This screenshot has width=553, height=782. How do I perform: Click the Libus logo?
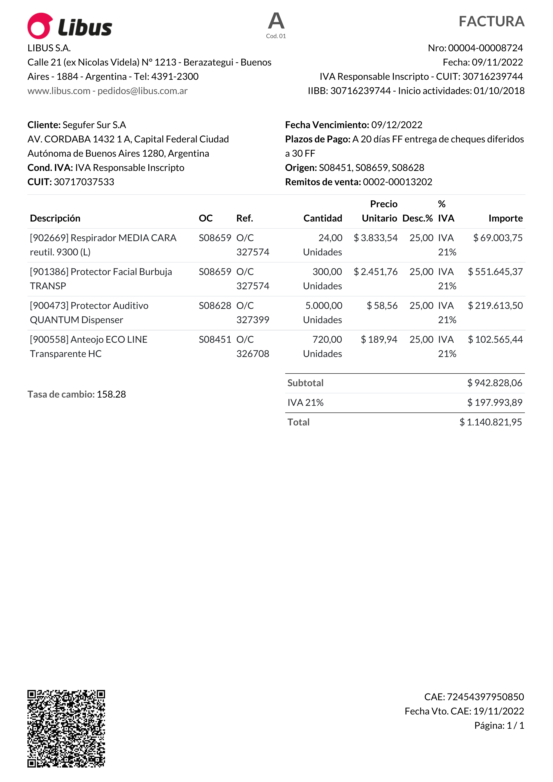pos(70,26)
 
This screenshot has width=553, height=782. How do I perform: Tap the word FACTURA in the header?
pos(491,21)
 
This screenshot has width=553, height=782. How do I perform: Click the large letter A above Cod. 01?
pos(276,21)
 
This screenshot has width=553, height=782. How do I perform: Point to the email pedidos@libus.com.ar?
pos(142,91)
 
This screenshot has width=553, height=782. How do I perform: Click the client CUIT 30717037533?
pos(84,182)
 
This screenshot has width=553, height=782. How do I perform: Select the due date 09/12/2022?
pos(397,125)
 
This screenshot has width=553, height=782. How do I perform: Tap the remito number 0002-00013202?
pos(397,182)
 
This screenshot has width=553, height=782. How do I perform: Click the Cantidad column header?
pos(323,218)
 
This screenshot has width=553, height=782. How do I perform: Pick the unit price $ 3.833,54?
pos(376,238)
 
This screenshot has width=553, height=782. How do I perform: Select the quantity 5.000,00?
pos(324,306)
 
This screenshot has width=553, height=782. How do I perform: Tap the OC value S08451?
pos(215,340)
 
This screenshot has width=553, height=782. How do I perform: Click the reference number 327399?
pos(253,320)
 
